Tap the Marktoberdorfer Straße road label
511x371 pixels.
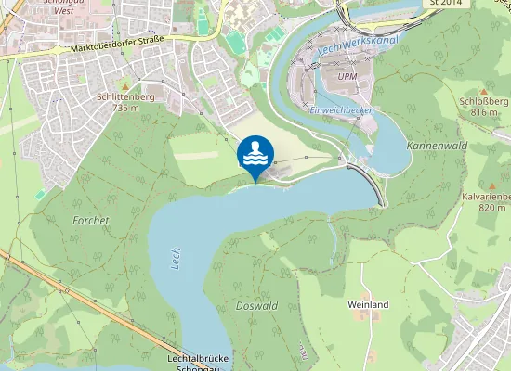click(x=111, y=46)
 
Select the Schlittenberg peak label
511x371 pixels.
click(x=124, y=96)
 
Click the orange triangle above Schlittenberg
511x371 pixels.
click(x=124, y=85)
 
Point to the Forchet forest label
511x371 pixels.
click(x=91, y=221)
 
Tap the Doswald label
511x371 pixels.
click(x=256, y=305)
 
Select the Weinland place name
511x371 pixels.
click(x=367, y=304)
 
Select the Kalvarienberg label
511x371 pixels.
click(x=487, y=197)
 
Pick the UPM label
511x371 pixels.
click(x=347, y=77)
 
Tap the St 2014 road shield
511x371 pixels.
click(x=445, y=4)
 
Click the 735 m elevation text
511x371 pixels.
click(x=124, y=108)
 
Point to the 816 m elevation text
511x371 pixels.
click(x=485, y=112)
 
